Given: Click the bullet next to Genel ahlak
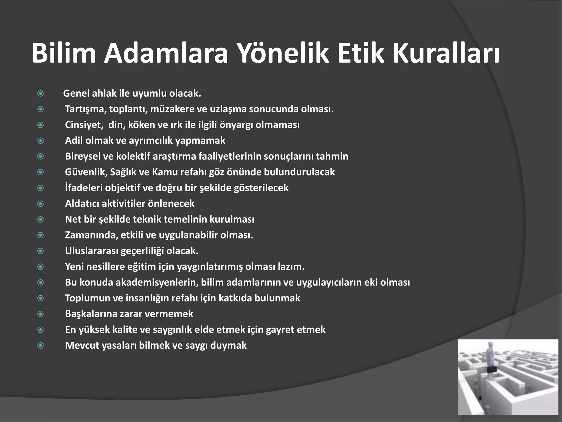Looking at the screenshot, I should pos(41,94).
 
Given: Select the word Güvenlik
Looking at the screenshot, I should pos(86,172).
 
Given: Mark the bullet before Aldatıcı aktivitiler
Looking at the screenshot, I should pos(41,204).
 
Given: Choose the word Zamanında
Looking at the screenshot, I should pos(91,235).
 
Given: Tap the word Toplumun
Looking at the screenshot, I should pos(87,298).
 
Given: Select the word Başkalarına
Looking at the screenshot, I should pos(91,314).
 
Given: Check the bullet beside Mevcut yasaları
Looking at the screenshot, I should pos(41,345).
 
